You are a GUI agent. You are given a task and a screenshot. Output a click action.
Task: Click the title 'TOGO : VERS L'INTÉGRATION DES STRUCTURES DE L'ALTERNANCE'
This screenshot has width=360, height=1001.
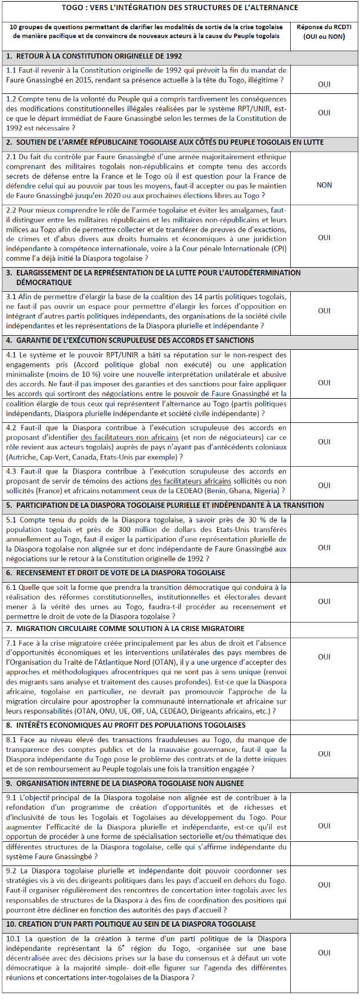click(x=180, y=8)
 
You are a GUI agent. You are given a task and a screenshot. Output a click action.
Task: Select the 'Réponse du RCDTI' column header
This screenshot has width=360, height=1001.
click(x=324, y=31)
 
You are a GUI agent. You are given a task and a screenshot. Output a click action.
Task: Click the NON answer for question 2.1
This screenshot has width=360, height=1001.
click(x=324, y=185)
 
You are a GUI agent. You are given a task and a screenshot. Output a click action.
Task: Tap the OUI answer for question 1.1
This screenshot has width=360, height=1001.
click(x=324, y=84)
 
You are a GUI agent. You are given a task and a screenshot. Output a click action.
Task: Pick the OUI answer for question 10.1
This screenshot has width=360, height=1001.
click(x=324, y=953)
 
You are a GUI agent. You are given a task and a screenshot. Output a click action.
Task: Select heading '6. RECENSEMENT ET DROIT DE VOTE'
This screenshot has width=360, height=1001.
click(x=112, y=572)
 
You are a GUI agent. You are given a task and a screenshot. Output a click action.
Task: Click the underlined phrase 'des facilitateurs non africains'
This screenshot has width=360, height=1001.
click(x=129, y=438)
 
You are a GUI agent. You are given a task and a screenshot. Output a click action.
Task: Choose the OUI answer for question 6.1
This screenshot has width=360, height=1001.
click(x=324, y=601)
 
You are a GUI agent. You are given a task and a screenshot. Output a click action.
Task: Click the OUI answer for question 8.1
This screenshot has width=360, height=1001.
click(x=324, y=754)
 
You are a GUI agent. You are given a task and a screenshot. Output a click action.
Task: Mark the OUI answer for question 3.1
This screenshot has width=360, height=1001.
click(x=324, y=311)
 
